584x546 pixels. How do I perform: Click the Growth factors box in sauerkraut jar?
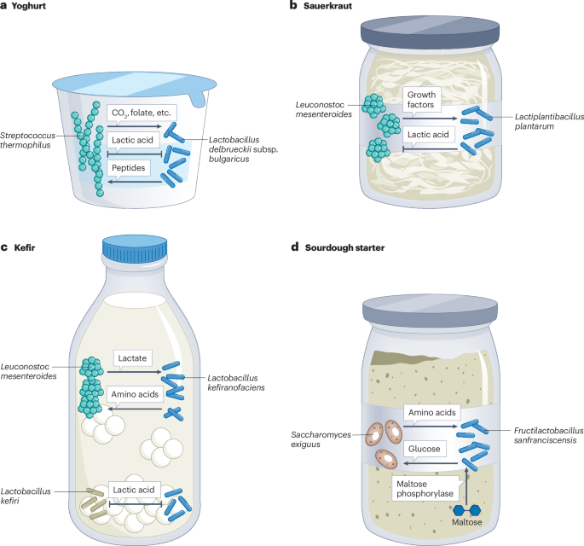[x=420, y=101]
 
